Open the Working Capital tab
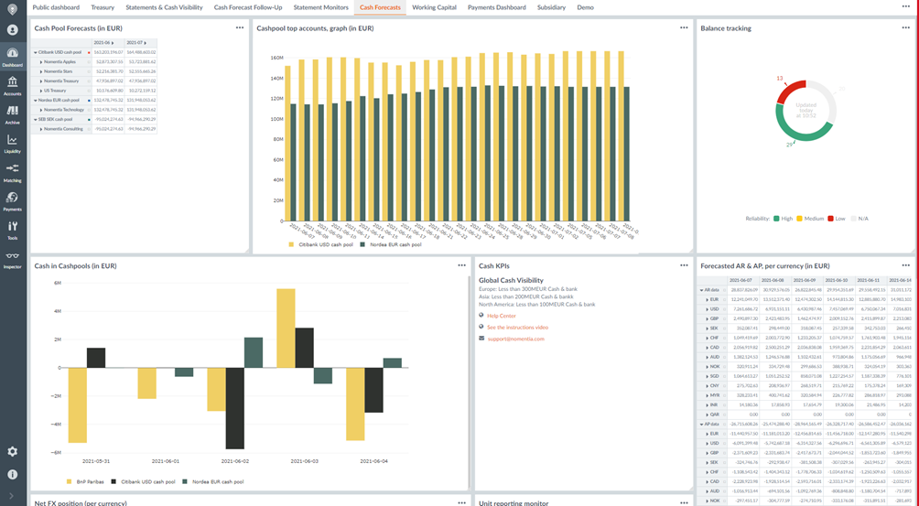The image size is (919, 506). (434, 7)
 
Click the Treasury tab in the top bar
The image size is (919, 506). (103, 7)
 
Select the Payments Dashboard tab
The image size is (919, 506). (496, 7)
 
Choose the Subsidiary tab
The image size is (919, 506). (551, 7)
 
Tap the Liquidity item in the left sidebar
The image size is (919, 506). (13, 144)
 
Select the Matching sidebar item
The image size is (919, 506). (13, 172)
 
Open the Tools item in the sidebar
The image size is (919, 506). (13, 230)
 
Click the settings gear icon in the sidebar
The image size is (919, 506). (13, 451)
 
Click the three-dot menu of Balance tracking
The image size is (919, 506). (906, 28)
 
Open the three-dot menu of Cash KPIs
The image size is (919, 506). (684, 265)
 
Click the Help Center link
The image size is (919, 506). (502, 316)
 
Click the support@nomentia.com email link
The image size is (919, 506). (515, 339)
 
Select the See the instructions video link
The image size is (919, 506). (517, 327)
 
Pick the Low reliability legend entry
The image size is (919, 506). (836, 219)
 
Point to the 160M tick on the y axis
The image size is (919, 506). (276, 58)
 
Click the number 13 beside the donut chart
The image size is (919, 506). (781, 79)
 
